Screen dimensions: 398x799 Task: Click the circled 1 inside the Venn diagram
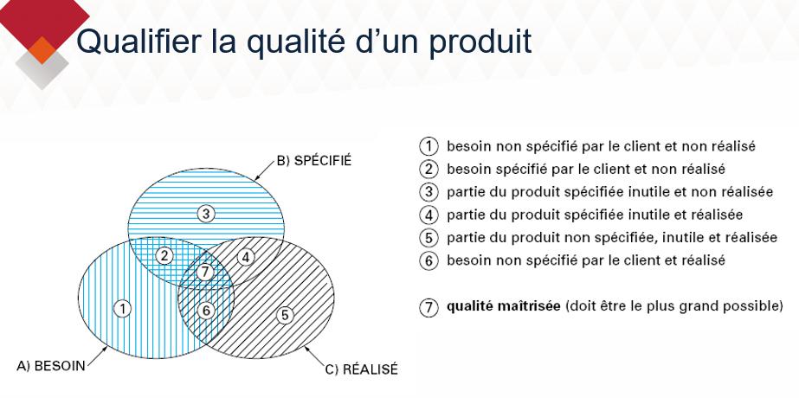124,307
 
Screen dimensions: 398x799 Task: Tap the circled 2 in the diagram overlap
164,255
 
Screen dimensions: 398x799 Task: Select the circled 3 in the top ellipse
205,213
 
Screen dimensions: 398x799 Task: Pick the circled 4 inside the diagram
246,256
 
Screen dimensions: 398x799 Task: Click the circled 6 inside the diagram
205,310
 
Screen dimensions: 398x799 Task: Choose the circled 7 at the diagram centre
205,272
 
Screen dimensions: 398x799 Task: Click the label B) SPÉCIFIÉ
314,161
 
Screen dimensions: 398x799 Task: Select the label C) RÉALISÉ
361,369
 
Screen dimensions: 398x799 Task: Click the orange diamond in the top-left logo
42,50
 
